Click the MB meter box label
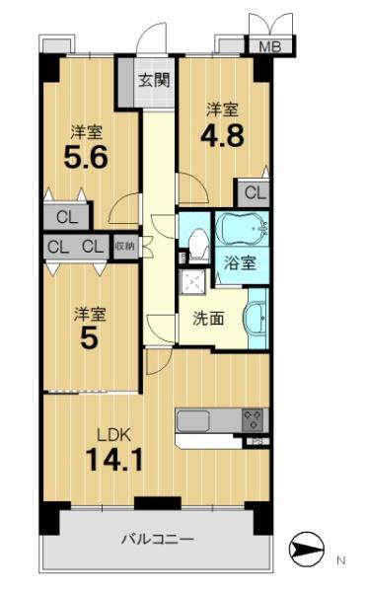coord(270,46)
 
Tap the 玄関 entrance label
coord(154,80)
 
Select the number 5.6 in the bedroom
coord(86,157)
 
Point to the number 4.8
coord(222,135)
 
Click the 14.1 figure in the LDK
coord(114,460)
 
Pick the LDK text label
coord(114,435)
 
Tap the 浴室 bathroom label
coord(240,262)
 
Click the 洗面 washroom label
coord(208,319)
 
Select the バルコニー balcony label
coord(157,539)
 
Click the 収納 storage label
coord(124,247)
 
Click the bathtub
coord(243,229)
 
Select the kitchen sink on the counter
coord(193,421)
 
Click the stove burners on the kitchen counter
coord(253,420)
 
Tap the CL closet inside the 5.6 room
coord(67,217)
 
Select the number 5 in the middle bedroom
coord(90,338)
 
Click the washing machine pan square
coord(192,281)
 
